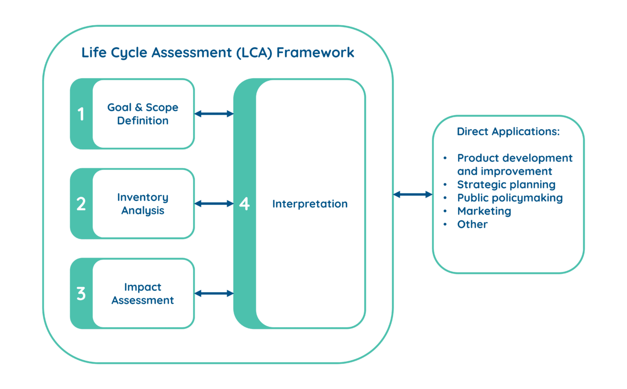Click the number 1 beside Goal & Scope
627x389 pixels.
coord(81,114)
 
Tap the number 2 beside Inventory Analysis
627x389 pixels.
coord(81,204)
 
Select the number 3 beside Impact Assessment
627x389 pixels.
coord(81,294)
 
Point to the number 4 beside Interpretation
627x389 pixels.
coord(244,204)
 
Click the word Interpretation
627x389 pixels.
coord(310,204)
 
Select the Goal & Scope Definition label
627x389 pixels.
coord(143,114)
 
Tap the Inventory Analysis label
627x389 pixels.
coord(143,204)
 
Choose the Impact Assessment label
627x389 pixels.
coord(143,294)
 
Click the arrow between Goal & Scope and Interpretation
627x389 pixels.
coord(214,114)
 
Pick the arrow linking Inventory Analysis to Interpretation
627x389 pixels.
coord(214,204)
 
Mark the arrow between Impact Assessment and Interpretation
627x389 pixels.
coord(214,293)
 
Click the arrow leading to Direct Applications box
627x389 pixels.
coord(412,194)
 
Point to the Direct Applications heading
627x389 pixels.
coord(508,132)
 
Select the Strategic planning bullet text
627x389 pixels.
coord(506,185)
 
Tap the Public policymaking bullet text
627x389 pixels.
coord(510,198)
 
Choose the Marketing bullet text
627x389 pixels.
coord(484,211)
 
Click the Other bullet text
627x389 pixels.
coord(472,224)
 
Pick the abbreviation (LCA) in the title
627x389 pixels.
coord(253,53)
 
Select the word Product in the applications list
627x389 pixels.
coord(478,158)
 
